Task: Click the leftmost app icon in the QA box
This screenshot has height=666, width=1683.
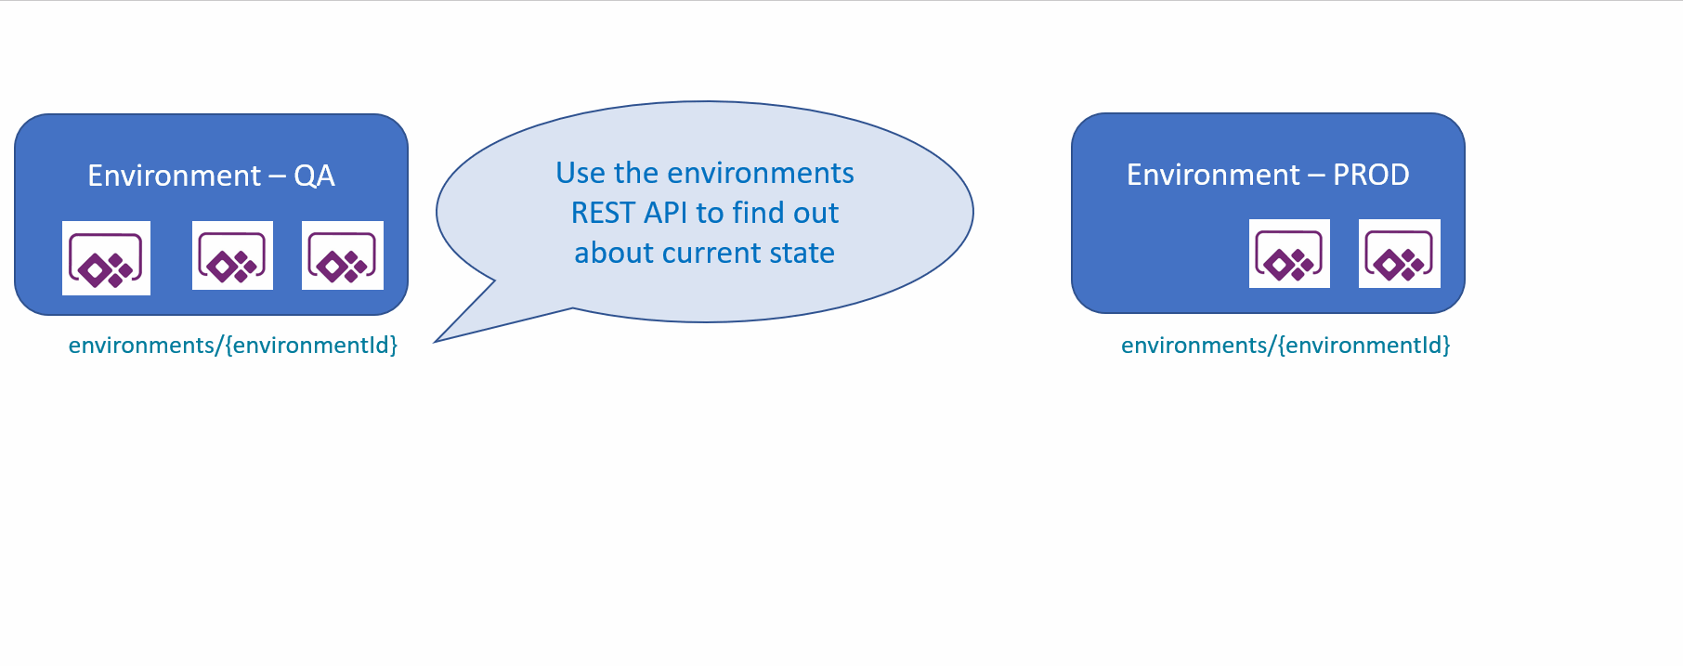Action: click(106, 258)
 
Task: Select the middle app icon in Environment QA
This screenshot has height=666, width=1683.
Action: click(232, 255)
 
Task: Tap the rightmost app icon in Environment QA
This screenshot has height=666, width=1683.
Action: click(343, 255)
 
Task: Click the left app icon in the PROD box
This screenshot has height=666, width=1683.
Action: click(1289, 254)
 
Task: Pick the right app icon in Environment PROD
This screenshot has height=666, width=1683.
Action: click(1400, 254)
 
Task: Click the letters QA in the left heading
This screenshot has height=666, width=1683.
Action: click(314, 176)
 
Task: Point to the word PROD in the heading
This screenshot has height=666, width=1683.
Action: click(1371, 175)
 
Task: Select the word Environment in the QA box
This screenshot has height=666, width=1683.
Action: click(174, 176)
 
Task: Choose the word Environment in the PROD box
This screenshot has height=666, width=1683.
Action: click(1213, 175)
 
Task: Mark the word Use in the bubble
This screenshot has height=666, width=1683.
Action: click(581, 173)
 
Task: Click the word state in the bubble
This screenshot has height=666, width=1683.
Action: click(802, 253)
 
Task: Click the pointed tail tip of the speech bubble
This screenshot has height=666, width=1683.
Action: click(435, 342)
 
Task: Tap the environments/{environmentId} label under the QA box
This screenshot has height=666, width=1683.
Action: click(233, 346)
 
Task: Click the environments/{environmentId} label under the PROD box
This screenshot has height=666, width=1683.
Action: click(1285, 346)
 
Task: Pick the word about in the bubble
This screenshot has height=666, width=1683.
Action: click(614, 253)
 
